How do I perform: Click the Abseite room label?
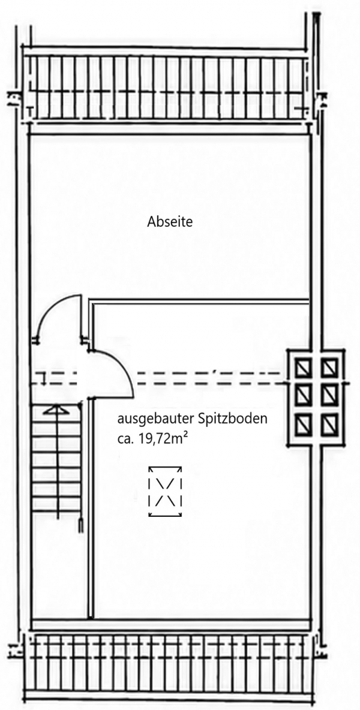(170, 222)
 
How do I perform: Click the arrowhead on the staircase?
(57, 410)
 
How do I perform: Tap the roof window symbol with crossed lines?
(165, 492)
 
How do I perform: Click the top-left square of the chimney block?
(303, 367)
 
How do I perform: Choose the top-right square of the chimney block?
(329, 367)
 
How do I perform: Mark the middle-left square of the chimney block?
(303, 395)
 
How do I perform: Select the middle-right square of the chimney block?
(329, 395)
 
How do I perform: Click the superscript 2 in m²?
(185, 434)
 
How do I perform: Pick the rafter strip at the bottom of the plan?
(166, 666)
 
